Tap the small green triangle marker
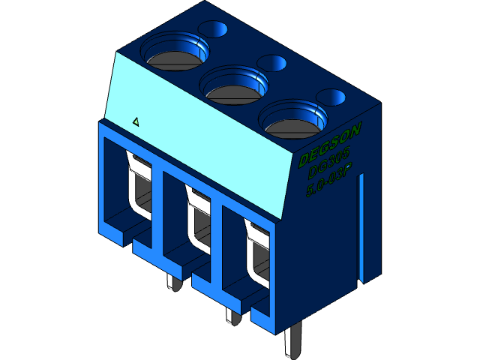pyautogui.click(x=136, y=121)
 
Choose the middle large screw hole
pyautogui.click(x=235, y=85)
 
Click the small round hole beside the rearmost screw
pyautogui.click(x=213, y=29)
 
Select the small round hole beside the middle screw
pyautogui.click(x=271, y=63)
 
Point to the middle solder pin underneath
pyautogui.click(x=233, y=315)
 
